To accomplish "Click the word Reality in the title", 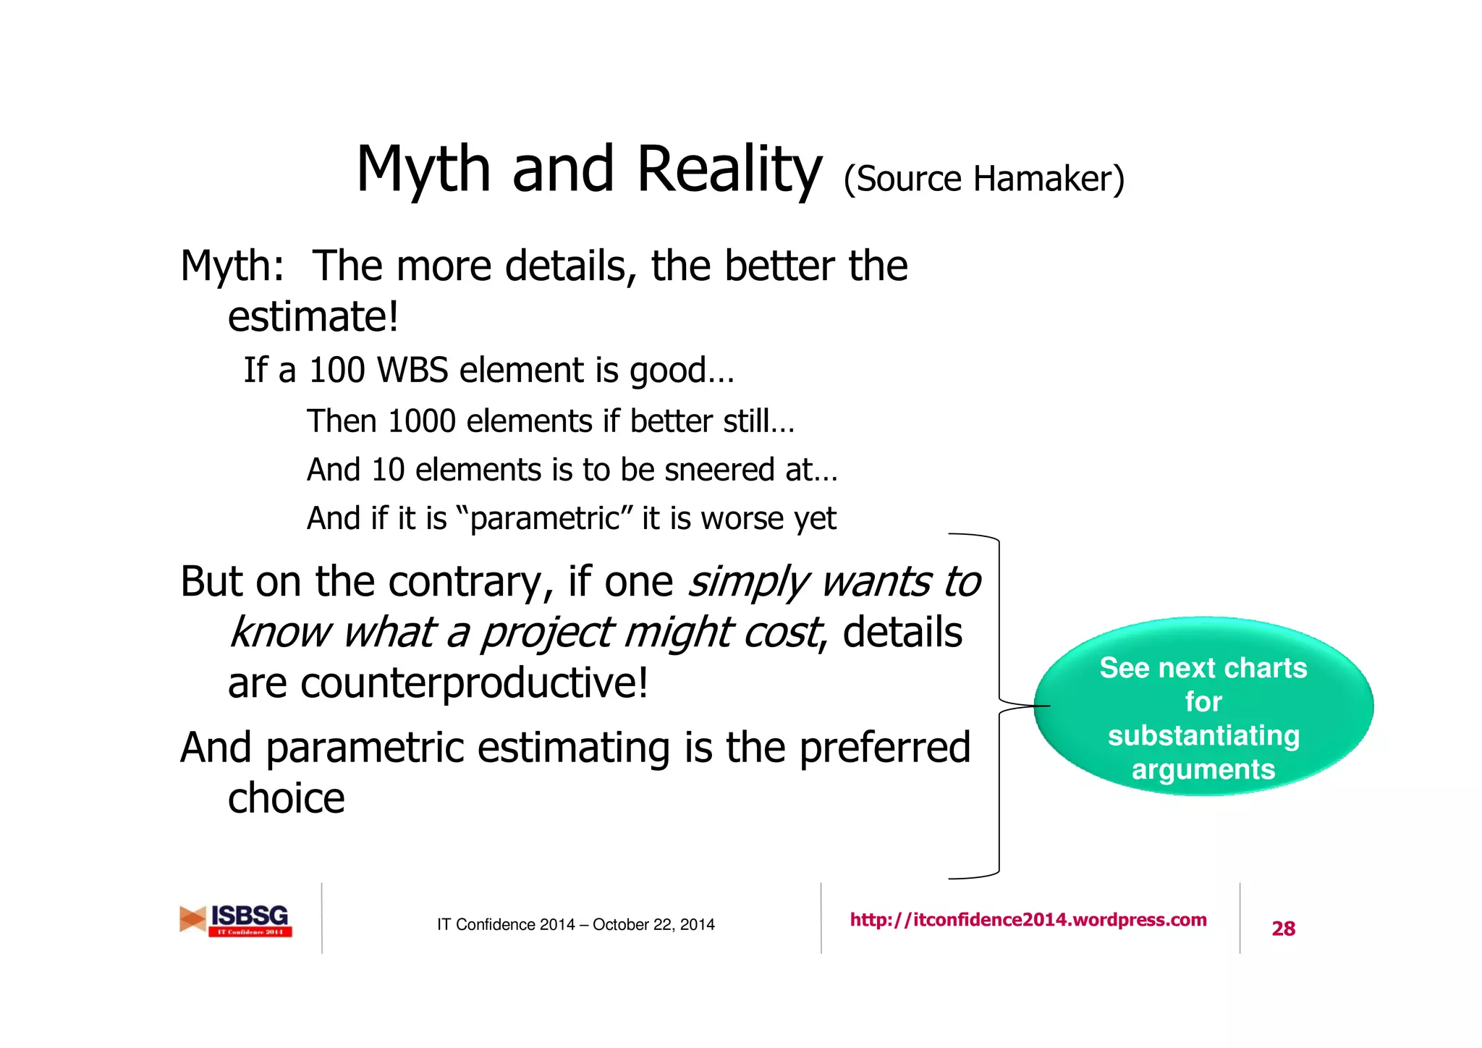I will click(729, 170).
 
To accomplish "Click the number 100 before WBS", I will click(336, 371).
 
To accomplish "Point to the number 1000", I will click(421, 421).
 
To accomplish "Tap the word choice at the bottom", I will click(286, 798).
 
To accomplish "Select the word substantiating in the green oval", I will click(1203, 735).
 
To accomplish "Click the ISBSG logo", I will click(236, 920).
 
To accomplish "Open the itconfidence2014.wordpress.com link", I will click(1028, 920).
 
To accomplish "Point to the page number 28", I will click(1283, 929).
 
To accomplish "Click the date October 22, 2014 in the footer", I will click(653, 925).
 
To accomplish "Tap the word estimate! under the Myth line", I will click(313, 317).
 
